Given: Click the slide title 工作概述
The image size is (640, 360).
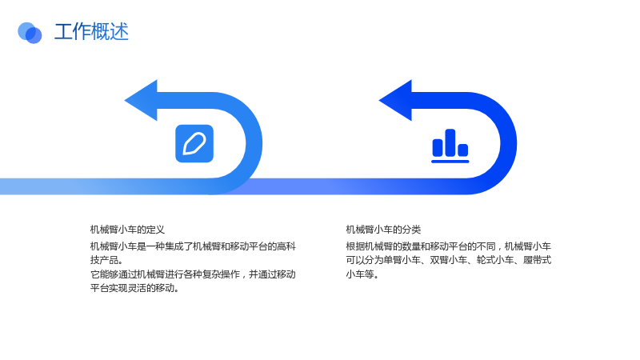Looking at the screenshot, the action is (x=91, y=32).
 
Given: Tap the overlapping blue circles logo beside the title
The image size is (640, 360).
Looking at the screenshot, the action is (x=30, y=33).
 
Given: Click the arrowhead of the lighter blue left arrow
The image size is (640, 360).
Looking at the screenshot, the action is (x=141, y=101).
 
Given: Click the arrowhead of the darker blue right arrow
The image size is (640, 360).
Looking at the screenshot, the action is (x=395, y=101).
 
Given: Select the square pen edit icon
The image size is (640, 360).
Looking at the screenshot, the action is (x=194, y=144).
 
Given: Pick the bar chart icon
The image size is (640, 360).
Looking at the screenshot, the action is (x=450, y=146).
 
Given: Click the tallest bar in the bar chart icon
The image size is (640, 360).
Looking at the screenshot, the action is (x=450, y=142).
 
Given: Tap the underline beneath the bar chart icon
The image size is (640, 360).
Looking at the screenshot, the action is (x=450, y=162).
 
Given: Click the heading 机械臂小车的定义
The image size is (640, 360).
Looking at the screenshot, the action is (x=127, y=230).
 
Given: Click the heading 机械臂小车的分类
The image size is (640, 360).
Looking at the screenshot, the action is (x=383, y=230).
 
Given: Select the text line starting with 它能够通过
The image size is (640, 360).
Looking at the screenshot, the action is (x=193, y=274).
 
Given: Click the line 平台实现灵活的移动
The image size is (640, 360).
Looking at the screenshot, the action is (x=134, y=288).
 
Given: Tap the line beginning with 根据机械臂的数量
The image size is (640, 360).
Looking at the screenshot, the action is (x=449, y=246).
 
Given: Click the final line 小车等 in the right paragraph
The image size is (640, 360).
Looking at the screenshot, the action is (x=362, y=274).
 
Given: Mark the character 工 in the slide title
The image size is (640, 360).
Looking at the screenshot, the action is (x=64, y=32).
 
